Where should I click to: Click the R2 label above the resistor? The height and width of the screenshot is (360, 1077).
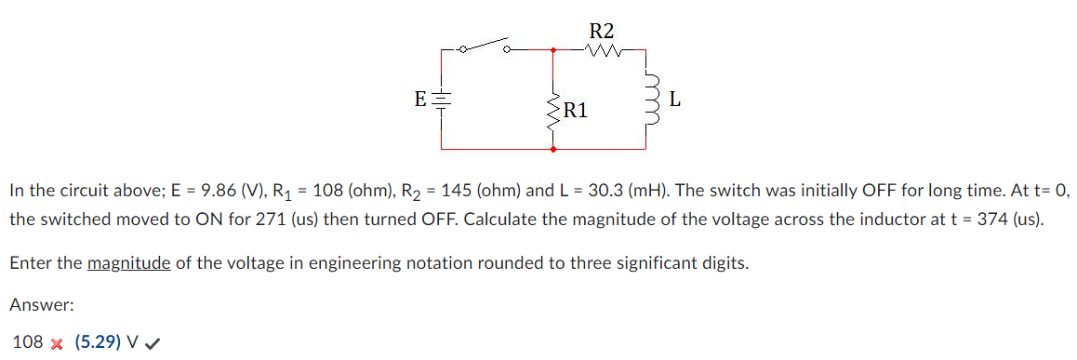(602, 29)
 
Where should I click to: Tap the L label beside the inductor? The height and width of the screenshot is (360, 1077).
(675, 99)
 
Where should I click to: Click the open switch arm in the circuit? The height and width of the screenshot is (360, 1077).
(485, 44)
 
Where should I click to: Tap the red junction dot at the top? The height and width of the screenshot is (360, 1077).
(554, 49)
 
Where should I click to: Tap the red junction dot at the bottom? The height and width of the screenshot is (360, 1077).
(554, 149)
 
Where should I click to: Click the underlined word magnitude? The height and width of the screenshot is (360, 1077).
(128, 263)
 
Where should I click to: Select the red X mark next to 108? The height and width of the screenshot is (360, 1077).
(56, 343)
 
